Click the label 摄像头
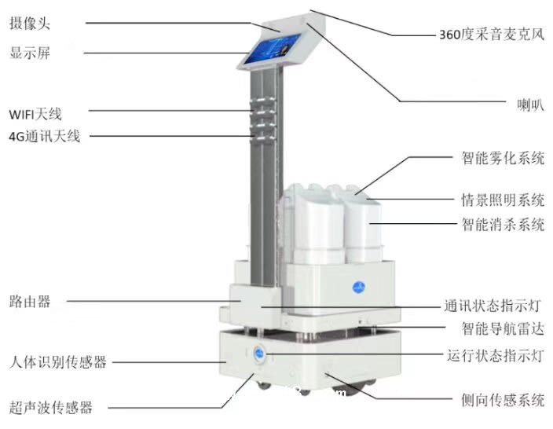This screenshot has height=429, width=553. click(x=28, y=24)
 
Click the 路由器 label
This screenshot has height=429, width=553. click(x=28, y=301)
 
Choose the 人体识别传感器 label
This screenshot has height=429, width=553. click(x=57, y=362)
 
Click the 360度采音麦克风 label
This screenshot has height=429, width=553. click(x=492, y=35)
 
